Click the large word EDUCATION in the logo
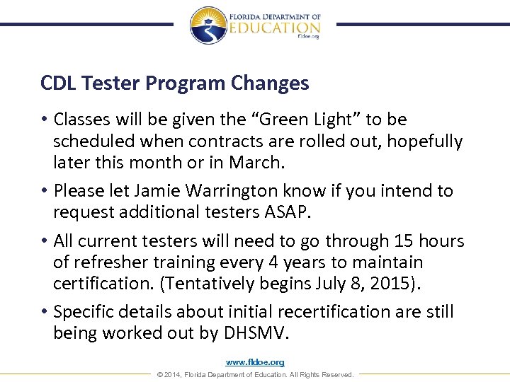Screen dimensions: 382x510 (274, 27)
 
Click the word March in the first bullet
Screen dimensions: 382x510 (259, 163)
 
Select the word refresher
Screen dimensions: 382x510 (110, 262)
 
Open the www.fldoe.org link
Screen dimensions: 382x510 (254, 362)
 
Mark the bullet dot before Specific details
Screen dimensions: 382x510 (45, 312)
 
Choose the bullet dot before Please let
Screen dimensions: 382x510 (45, 191)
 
